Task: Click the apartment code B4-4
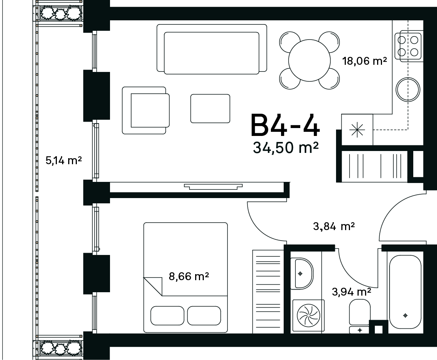click(x=286, y=125)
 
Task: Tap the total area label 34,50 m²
click(x=286, y=148)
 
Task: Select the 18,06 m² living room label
click(x=365, y=61)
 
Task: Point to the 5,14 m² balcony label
click(x=64, y=160)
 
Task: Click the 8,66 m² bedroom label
click(x=189, y=276)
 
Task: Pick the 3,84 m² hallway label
click(x=334, y=226)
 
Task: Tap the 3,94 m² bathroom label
click(x=351, y=292)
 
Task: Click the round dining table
click(x=309, y=60)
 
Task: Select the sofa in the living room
click(x=212, y=49)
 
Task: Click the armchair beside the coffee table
click(x=146, y=110)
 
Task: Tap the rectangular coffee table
click(x=210, y=108)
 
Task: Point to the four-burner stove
click(x=408, y=46)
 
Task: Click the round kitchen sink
click(x=408, y=89)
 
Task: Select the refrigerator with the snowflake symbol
click(x=357, y=130)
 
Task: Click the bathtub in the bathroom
click(x=405, y=292)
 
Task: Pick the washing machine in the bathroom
click(x=308, y=316)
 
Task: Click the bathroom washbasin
click(x=301, y=273)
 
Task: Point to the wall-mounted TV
click(x=213, y=186)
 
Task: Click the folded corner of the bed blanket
click(x=153, y=287)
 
